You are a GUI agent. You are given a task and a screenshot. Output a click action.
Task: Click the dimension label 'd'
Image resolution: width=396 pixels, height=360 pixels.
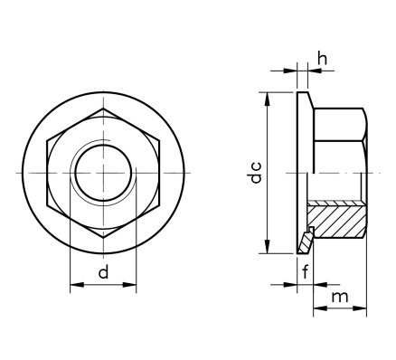[x=103, y=271]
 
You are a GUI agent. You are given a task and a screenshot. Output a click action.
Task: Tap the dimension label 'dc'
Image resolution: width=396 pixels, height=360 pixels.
[x=256, y=173]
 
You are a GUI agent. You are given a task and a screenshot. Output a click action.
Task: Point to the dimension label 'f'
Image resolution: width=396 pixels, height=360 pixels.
[x=306, y=271]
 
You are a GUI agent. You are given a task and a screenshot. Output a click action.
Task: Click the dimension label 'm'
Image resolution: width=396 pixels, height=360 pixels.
[x=340, y=297]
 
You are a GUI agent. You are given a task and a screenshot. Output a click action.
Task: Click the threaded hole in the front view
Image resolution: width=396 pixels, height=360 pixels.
[x=103, y=173]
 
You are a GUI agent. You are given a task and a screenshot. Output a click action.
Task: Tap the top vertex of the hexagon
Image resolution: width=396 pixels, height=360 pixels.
[x=103, y=109]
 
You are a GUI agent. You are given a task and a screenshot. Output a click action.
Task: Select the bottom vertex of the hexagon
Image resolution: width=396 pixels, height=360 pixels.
[x=103, y=238]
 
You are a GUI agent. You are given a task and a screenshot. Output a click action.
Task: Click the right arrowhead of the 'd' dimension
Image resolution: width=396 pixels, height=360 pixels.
[x=129, y=284]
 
